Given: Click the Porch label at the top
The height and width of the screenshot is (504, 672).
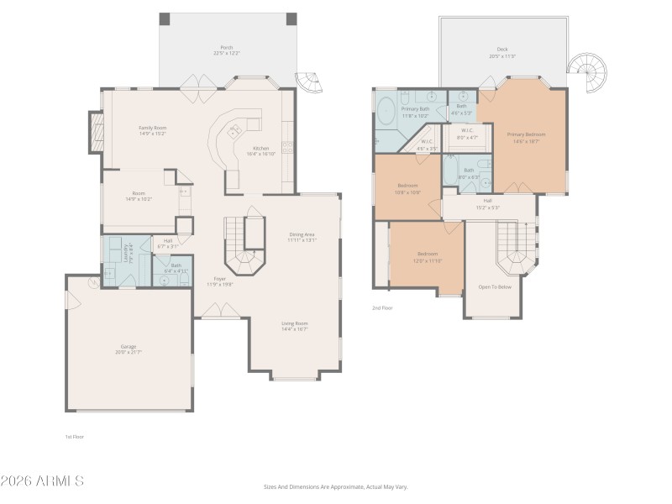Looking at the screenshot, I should coord(227,47).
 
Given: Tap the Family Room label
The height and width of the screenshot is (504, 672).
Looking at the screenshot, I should coord(152,128).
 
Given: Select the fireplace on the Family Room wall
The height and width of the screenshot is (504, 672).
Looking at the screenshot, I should coord(96,132).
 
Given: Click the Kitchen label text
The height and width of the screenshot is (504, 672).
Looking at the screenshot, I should coord(257,149).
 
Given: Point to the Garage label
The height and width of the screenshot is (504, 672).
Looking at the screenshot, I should coord(128,346).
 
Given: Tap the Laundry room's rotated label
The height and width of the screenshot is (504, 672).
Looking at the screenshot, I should coord(125,253).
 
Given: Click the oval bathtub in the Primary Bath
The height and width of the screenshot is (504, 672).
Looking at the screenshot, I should coord(386,111).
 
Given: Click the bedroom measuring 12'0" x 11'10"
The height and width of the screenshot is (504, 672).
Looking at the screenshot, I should coord(428,259).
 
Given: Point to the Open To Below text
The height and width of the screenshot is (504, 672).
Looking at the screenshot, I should coord(495,286).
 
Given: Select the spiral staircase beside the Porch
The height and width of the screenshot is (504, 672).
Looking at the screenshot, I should coord(310,82).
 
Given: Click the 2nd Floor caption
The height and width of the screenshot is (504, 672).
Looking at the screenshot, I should coord(383,308).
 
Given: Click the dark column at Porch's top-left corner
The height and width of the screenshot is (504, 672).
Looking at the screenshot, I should coord(165,18).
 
